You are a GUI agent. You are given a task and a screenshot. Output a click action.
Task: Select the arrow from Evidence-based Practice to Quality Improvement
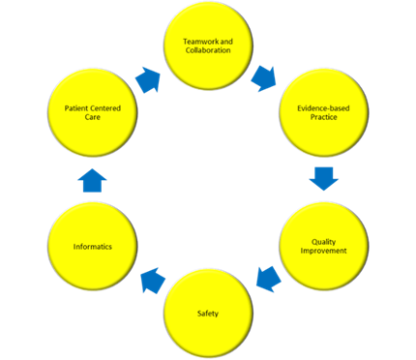point(324,178)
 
